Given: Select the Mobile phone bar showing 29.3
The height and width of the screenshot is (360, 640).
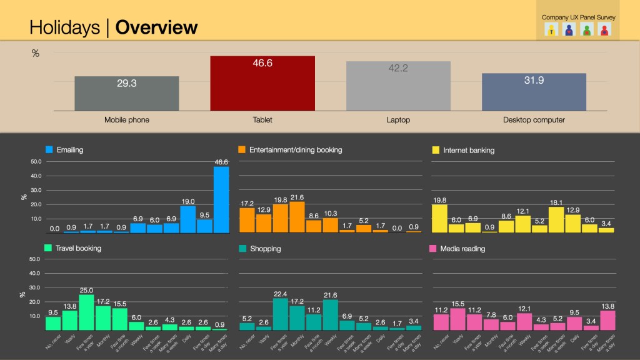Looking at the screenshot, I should tap(126, 94).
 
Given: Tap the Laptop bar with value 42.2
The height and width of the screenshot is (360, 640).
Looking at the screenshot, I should tap(398, 86).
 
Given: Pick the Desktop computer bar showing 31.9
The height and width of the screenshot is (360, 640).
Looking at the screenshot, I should tap(534, 92).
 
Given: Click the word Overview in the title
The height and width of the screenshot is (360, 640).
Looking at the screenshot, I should tap(157, 27).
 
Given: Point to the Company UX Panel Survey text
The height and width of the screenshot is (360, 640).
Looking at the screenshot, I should tap(579, 17).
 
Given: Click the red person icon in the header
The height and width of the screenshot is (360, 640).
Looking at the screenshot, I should tap(604, 29).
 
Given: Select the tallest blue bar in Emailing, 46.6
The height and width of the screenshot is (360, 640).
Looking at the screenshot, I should tap(221, 200).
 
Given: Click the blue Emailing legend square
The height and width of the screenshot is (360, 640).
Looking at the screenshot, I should tap(49, 150).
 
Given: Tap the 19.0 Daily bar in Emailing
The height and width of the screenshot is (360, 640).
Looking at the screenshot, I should tap(188, 219).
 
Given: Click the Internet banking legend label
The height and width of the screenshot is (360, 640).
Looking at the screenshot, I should tap(468, 150).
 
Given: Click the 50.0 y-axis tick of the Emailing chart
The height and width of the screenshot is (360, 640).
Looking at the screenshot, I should tap(35, 161).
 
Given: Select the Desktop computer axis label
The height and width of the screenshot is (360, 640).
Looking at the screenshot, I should tap(534, 120).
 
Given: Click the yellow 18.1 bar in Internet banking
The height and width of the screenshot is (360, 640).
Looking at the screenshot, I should tap(556, 220).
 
